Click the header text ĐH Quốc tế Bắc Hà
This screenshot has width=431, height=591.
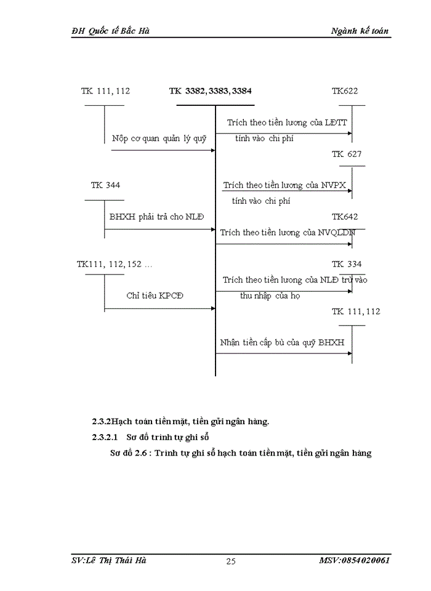110,31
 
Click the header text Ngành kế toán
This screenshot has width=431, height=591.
360,31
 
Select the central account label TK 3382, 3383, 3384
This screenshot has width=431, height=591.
211,91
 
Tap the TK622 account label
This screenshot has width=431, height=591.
345,91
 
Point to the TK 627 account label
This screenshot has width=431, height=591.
347,154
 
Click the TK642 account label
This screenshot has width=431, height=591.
345,217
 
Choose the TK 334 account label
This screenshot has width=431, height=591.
347,264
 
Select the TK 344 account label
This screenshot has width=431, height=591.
105,185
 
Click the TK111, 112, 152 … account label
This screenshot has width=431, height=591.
115,264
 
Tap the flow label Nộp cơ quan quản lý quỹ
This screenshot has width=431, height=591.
159,139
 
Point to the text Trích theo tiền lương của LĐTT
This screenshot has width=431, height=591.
287,123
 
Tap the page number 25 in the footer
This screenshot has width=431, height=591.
231,561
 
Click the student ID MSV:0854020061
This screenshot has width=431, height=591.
354,560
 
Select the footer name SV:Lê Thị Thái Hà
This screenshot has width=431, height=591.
108,560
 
